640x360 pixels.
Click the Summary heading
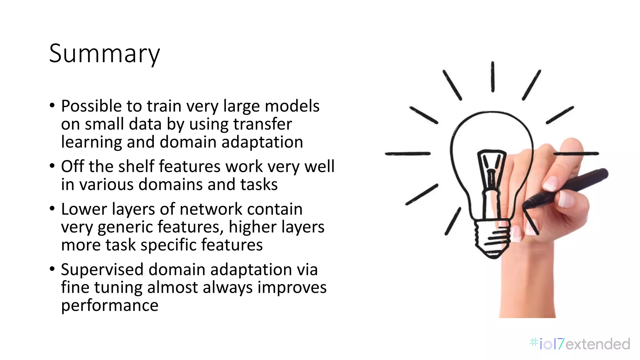(x=104, y=54)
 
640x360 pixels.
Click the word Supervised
(x=102, y=269)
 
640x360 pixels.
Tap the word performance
(x=110, y=305)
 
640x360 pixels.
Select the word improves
(x=292, y=287)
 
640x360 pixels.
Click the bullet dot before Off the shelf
(x=52, y=166)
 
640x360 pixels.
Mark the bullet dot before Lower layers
(x=52, y=208)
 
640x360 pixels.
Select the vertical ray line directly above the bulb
(x=492, y=77)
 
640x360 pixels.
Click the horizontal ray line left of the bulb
(x=408, y=153)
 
